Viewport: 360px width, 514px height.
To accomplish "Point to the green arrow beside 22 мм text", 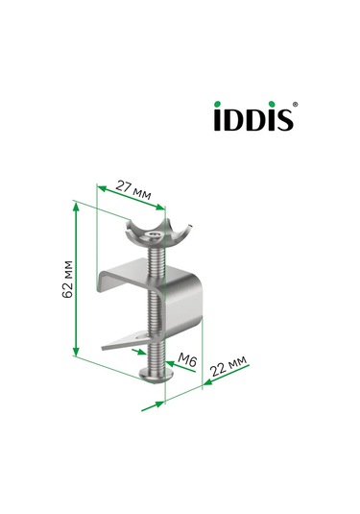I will tap(209, 381).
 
